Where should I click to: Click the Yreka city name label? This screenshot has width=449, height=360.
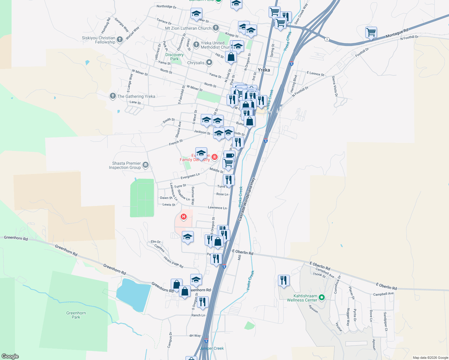point(264,70)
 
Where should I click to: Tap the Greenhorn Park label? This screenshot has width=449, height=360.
point(76,315)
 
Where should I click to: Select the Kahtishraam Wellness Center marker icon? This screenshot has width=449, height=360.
point(322,298)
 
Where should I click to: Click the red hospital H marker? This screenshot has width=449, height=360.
point(183,216)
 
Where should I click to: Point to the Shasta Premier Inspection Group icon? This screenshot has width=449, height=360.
point(146,165)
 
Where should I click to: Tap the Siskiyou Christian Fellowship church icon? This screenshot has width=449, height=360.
point(120,39)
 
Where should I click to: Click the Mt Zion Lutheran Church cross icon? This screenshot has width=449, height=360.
point(215,28)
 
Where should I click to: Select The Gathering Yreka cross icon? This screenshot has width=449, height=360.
point(113,96)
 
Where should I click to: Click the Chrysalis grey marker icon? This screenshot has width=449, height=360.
point(209,62)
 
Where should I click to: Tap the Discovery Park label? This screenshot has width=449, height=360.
point(174,57)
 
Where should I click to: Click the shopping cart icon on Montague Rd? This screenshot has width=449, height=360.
point(371,32)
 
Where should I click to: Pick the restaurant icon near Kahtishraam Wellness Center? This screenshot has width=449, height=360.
point(284,280)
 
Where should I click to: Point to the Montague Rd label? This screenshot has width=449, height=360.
point(397,33)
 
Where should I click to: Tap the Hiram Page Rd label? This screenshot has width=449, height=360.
point(173,262)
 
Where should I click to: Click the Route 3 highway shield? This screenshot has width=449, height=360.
point(327,39)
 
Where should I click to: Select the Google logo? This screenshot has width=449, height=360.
point(10,356)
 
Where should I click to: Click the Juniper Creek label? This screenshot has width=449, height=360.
point(212,348)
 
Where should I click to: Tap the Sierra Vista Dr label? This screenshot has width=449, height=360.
point(335,86)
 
